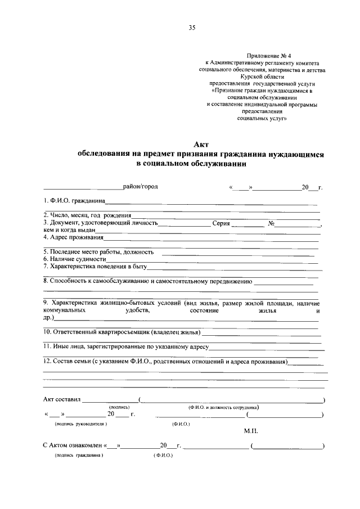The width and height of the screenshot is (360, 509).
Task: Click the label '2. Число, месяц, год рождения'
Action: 87,215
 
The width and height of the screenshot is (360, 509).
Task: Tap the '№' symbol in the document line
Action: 271,223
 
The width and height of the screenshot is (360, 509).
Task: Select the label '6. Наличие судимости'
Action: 74,259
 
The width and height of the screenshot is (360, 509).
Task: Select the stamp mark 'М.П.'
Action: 251,430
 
